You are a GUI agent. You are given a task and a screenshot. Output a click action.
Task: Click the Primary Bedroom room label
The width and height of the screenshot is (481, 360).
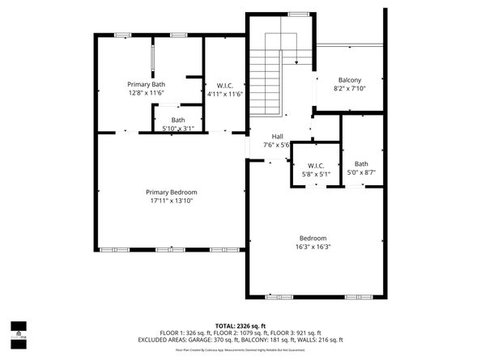click(x=172, y=192)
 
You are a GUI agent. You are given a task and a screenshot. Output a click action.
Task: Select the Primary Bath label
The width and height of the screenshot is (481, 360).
click(x=147, y=84)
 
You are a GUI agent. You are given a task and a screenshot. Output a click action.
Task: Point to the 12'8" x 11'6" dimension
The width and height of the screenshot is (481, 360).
click(x=147, y=93)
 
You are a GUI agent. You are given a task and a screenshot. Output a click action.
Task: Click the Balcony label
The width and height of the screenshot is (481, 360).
click(x=349, y=80)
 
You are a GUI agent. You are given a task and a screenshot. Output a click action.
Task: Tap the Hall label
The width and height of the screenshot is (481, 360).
click(x=277, y=137)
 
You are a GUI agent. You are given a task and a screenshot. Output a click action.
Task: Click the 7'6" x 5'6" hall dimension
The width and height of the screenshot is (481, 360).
click(x=277, y=146)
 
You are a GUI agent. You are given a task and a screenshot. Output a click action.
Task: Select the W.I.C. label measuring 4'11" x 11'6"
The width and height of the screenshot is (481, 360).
click(x=224, y=85)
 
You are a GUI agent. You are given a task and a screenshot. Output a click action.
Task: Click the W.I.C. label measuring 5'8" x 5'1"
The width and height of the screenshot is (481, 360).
click(x=316, y=166)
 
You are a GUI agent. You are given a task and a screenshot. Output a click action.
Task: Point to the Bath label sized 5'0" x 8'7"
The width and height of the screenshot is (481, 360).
click(x=361, y=164)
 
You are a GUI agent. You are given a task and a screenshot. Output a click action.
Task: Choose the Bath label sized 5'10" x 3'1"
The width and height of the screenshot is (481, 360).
click(x=177, y=120)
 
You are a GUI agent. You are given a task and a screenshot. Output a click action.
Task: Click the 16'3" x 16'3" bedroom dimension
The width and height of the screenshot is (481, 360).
click(x=313, y=247)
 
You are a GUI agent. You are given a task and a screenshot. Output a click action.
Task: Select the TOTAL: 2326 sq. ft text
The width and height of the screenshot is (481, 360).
click(x=240, y=324)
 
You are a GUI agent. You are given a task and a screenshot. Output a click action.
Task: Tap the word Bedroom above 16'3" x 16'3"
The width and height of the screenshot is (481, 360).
click(x=313, y=238)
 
